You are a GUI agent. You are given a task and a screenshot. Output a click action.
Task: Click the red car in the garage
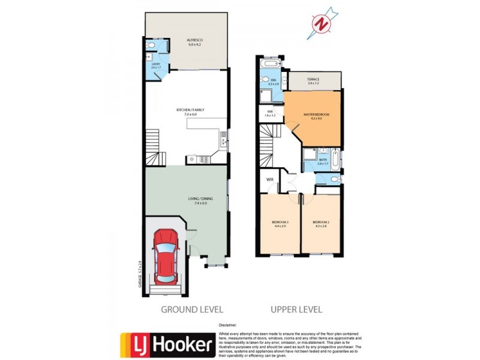(x=166, y=257)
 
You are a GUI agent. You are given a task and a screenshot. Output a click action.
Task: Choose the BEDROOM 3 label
(x=280, y=224)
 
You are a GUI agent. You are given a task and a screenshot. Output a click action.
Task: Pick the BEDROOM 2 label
(x=321, y=224)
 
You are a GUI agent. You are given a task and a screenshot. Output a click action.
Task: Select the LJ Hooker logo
(x=167, y=344)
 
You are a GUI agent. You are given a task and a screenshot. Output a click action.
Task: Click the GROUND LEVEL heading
(x=191, y=310)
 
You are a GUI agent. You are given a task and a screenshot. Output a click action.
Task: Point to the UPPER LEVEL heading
(x=296, y=310)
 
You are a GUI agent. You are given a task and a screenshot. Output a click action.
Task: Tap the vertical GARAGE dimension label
(x=140, y=274)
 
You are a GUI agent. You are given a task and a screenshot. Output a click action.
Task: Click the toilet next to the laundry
(x=152, y=46)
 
